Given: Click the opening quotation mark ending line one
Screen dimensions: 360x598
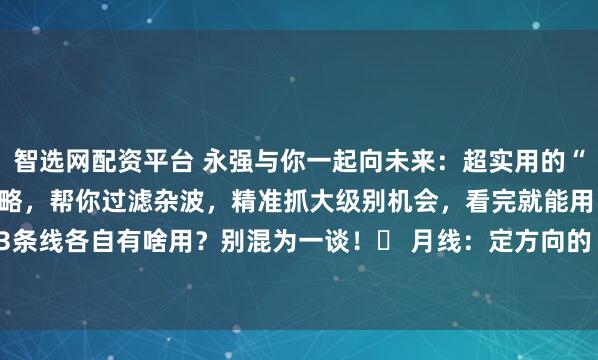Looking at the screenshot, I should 588,157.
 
